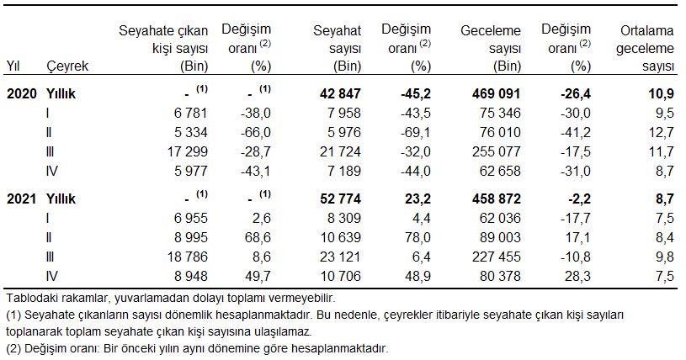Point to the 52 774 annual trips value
(338, 199)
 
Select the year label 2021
(21, 199)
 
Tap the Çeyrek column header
(67, 65)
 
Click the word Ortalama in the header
(648, 31)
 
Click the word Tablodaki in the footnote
(33, 298)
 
